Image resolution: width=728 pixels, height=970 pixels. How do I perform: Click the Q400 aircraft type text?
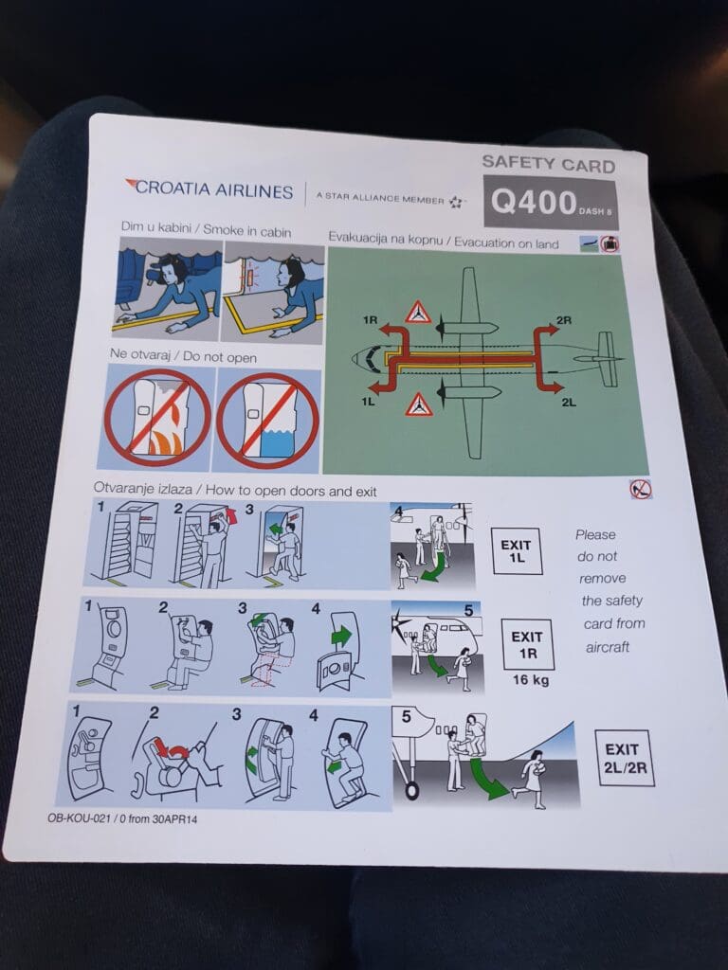click(534, 203)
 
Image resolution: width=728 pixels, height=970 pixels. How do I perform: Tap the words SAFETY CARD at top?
click(549, 164)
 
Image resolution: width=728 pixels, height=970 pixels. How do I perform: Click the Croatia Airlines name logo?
click(209, 189)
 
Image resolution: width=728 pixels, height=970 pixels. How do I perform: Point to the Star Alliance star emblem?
click(456, 202)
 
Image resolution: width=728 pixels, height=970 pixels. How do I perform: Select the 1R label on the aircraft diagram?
click(370, 319)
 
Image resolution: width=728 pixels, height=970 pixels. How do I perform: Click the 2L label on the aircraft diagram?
click(569, 402)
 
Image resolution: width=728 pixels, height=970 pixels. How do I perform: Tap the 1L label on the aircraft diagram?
click(369, 401)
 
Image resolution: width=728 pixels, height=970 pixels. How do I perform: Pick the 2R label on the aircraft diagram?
click(564, 320)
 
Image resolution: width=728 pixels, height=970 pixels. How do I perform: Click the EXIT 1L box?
click(517, 550)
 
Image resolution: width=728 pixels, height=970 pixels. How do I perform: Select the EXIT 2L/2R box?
click(624, 758)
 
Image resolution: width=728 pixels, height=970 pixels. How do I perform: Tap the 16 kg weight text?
click(531, 680)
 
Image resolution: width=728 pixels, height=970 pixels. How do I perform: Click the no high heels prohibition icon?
click(641, 490)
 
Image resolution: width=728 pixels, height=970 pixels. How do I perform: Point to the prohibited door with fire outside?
click(157, 418)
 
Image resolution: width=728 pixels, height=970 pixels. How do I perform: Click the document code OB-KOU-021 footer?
click(122, 818)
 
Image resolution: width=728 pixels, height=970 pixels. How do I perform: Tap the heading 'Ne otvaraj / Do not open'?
click(183, 356)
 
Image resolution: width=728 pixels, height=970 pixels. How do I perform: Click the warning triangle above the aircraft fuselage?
click(418, 313)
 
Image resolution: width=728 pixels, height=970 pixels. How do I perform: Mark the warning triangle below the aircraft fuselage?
click(419, 404)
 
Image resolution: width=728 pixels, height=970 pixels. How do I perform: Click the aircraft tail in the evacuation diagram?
click(606, 359)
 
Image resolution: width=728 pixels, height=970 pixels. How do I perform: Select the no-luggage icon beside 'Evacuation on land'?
click(610, 243)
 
